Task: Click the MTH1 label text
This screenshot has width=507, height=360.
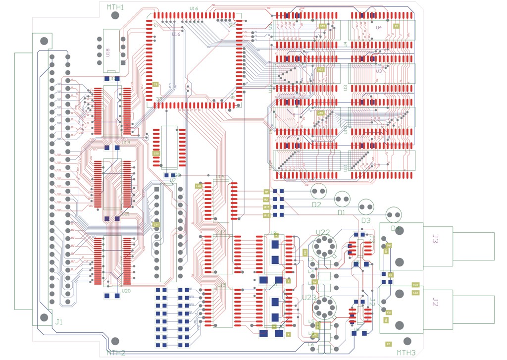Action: coord(115,7)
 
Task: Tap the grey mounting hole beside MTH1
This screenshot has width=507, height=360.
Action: coord(115,16)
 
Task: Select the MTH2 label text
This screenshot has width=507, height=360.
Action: coord(115,353)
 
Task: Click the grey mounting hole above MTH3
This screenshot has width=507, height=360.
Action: coord(407,342)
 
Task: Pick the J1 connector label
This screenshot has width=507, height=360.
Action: coord(59,322)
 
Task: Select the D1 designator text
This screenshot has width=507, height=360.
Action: coord(341,212)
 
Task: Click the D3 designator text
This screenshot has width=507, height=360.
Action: coord(366,220)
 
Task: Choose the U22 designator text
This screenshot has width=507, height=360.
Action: coord(322,232)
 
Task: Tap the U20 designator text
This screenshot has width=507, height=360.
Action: coord(126,291)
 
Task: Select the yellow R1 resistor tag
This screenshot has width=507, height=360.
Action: coord(266,191)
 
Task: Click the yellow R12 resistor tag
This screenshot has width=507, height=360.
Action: coord(266,215)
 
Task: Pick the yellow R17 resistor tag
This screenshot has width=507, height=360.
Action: coord(266,207)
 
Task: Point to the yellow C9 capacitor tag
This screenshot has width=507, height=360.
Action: coord(155,85)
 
